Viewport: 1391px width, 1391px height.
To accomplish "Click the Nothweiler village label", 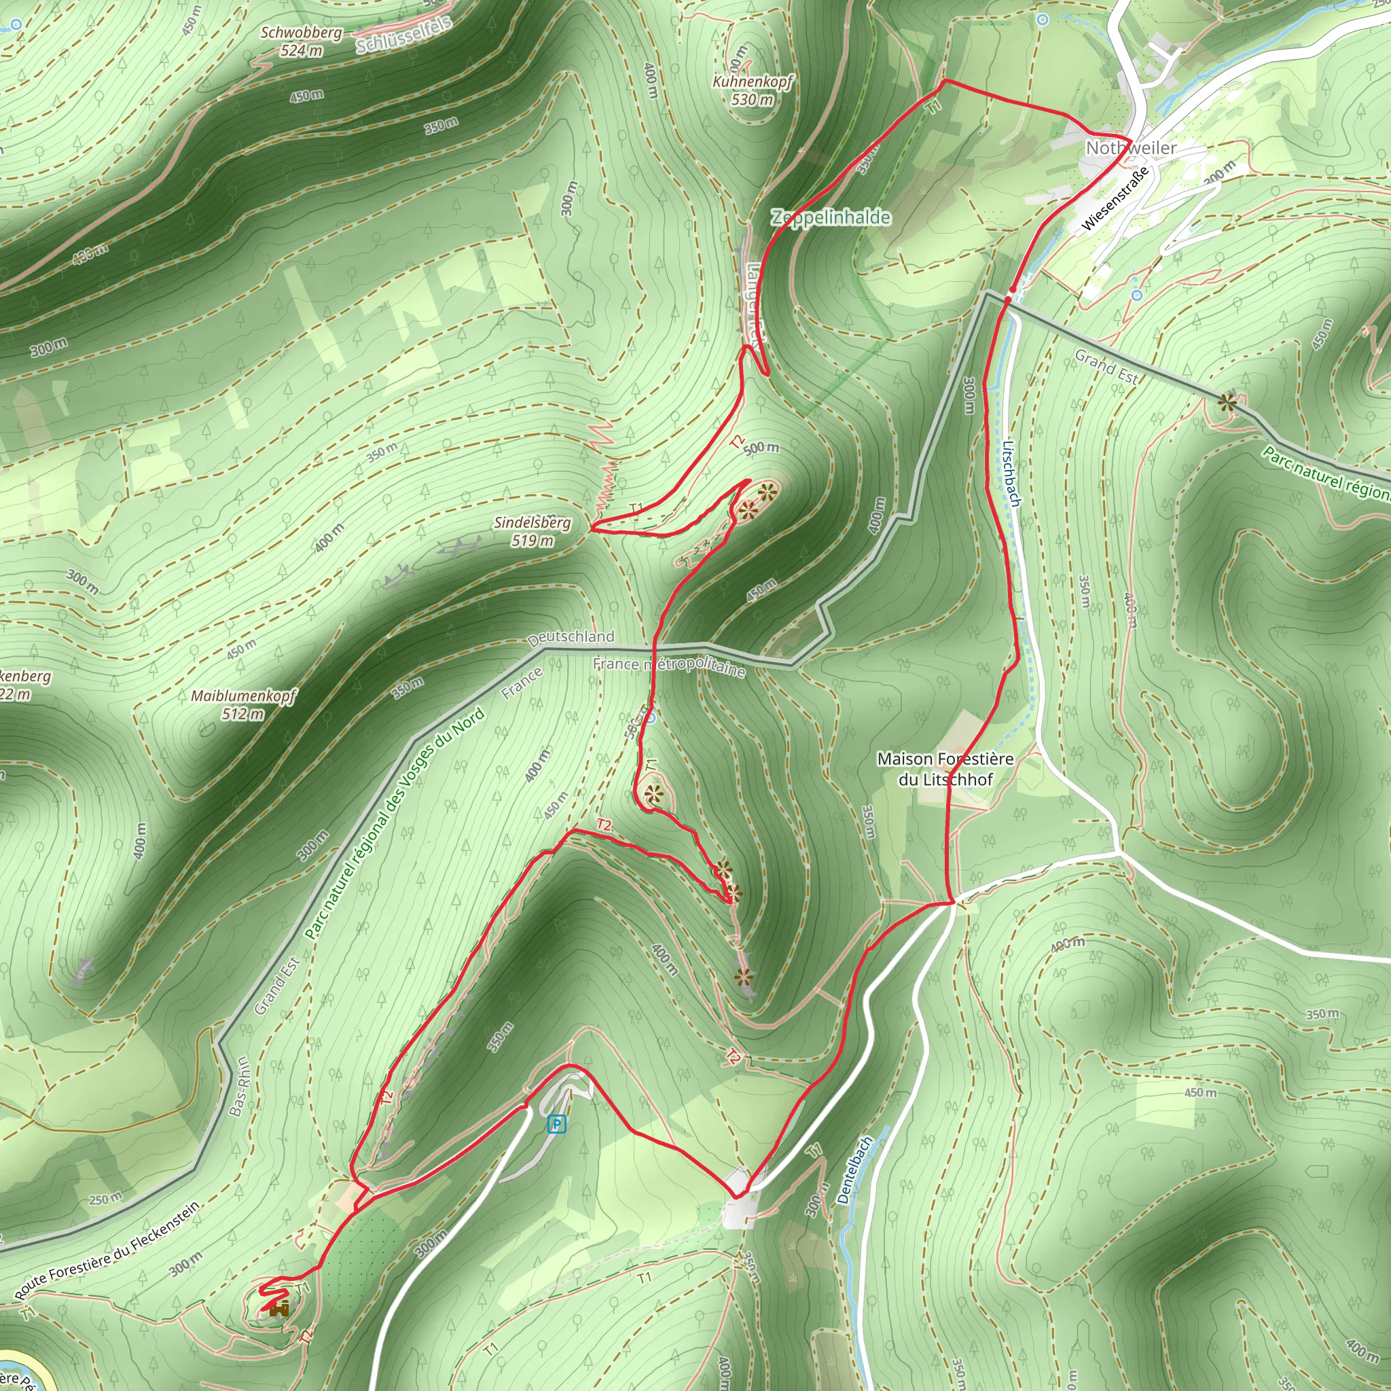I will click(1130, 147).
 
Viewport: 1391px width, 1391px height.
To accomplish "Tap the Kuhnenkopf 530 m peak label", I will click(753, 91).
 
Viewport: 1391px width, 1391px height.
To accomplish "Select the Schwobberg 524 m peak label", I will click(301, 41).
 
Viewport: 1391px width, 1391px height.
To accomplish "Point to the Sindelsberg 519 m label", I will click(532, 531).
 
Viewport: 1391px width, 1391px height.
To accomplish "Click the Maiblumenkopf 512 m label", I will click(243, 705).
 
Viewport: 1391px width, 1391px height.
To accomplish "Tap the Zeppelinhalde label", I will click(831, 217).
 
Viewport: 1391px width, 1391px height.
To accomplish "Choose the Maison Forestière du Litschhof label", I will click(945, 769).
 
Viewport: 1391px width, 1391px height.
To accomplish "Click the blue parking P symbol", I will click(556, 1124).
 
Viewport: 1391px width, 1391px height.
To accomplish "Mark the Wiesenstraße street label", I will click(1115, 199).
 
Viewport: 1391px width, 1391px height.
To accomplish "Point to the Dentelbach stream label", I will click(854, 1170).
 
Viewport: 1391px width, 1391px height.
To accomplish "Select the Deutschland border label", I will click(571, 638).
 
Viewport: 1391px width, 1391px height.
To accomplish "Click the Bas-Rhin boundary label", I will click(240, 1086).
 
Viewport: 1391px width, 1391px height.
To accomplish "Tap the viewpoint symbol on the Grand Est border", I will click(1227, 403).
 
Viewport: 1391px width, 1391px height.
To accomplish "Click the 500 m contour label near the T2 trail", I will click(761, 448).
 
